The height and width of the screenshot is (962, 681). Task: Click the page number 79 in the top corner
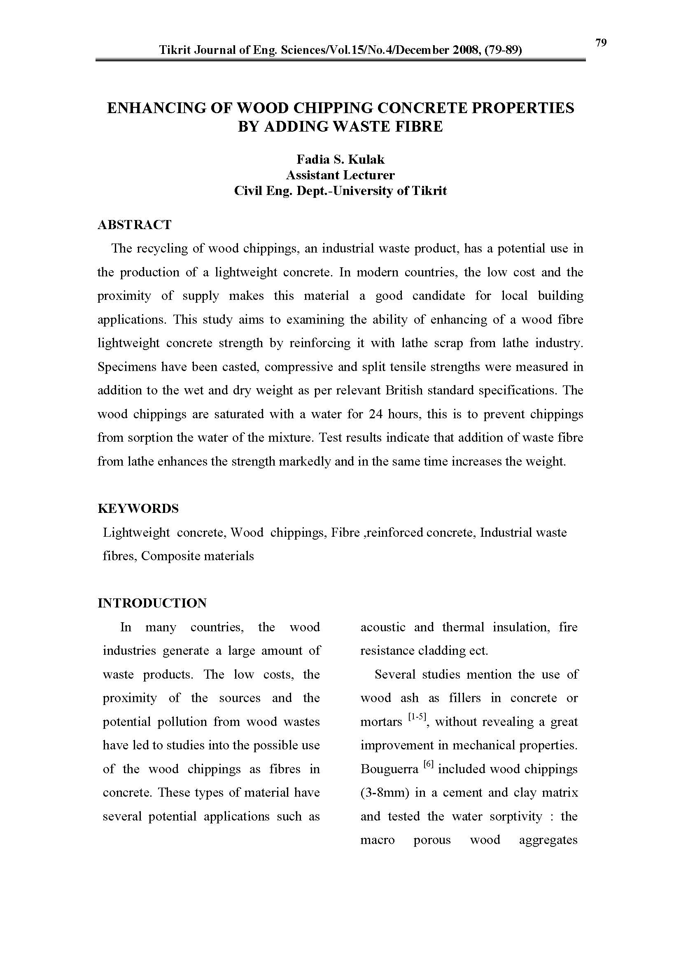[600, 43]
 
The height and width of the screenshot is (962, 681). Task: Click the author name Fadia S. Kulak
[340, 160]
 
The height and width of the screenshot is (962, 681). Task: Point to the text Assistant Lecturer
[340, 175]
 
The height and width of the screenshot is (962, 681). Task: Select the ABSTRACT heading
[135, 225]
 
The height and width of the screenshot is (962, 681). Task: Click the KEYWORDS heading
[138, 509]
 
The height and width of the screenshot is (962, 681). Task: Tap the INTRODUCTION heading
[152, 603]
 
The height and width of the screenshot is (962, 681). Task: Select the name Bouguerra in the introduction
[389, 769]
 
